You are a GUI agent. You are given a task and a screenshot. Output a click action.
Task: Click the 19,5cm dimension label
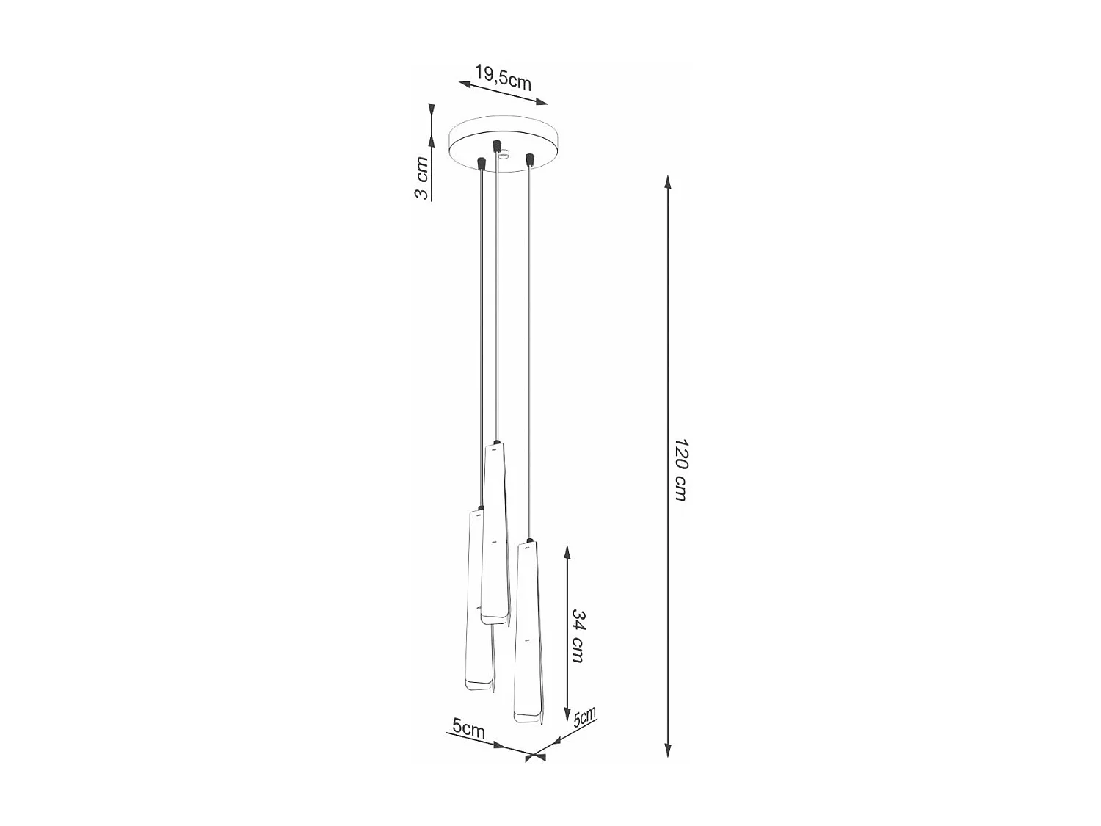pyautogui.click(x=503, y=78)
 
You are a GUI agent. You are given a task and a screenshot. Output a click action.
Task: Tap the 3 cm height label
pyautogui.click(x=421, y=178)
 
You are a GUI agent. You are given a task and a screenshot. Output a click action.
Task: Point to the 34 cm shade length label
pyautogui.click(x=578, y=635)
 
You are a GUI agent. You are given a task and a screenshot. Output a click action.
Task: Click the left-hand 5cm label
pyautogui.click(x=468, y=729)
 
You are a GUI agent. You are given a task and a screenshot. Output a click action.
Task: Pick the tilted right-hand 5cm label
pyautogui.click(x=584, y=717)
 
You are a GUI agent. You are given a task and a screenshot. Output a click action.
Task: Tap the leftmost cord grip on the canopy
pyautogui.click(x=482, y=162)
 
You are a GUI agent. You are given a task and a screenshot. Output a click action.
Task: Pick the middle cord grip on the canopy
pyautogui.click(x=497, y=145)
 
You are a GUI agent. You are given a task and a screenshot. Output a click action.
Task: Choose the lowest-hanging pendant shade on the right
pyautogui.click(x=528, y=631)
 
